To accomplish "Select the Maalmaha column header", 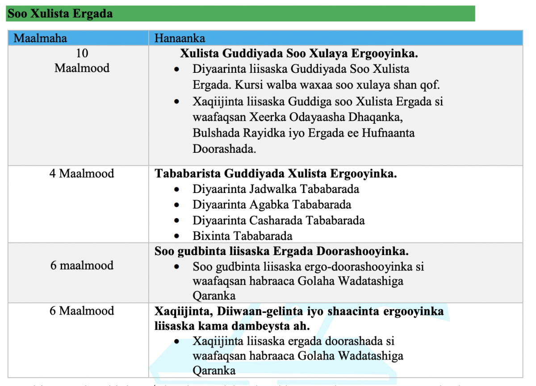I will coord(40,38).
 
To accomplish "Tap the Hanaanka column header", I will coord(180,38).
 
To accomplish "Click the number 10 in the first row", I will coord(82,54).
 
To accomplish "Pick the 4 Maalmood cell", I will coord(82,173).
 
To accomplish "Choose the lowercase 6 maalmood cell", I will coord(82,265).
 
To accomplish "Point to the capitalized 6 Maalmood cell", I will coord(82,311).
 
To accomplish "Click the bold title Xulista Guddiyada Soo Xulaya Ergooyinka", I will coord(299,54).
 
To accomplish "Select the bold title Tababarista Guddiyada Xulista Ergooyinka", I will coord(276,173).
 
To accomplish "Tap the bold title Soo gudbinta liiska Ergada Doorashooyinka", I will coord(281,251).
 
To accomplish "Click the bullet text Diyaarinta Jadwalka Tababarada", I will coord(276,189).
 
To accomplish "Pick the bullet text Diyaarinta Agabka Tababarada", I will coord(272,205).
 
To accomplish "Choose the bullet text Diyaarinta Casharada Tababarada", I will coord(278,220).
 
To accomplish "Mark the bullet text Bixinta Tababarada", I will coord(243,236).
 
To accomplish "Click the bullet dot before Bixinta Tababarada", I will coord(177,236).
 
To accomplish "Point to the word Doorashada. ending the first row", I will coord(224,149).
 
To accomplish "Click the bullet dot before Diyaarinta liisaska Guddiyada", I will coord(177,70).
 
